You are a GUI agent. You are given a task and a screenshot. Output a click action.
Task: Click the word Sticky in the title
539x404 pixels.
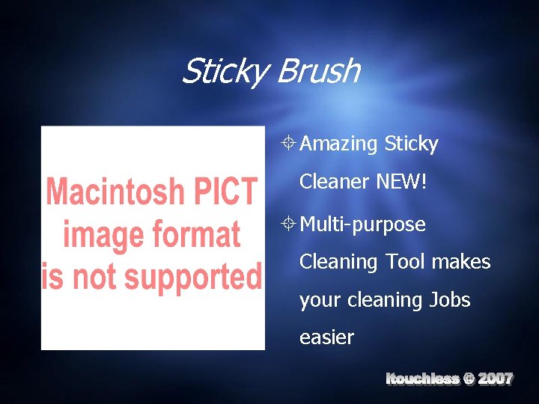coord(225,72)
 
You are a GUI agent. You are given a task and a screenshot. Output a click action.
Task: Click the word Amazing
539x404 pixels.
coord(338,144)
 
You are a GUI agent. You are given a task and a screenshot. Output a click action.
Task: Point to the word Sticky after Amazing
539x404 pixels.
coord(411,144)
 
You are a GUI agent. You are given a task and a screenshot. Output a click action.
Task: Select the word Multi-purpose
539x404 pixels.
coord(362,224)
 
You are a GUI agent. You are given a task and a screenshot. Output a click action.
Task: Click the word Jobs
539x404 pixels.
coord(449,299)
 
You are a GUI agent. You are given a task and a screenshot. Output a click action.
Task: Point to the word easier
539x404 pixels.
coord(326,337)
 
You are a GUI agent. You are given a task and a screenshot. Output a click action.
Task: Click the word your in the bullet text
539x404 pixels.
coord(317,300)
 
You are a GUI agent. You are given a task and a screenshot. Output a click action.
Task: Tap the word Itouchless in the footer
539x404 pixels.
coord(422,379)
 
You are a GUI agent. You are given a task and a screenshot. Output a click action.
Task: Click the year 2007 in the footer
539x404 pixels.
coord(496,379)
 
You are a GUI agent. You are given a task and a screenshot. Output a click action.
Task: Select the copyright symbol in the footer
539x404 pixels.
coord(469,379)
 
